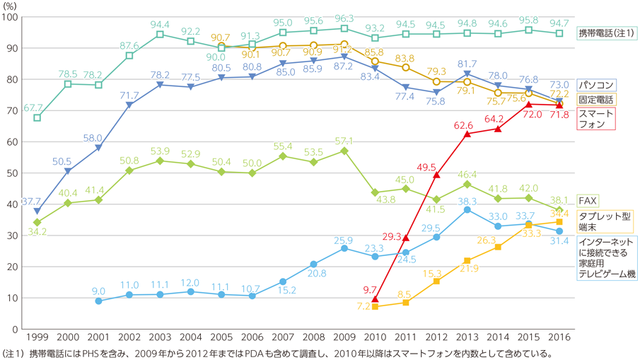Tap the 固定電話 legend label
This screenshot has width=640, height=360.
pyautogui.click(x=595, y=100)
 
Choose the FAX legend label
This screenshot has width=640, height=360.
pyautogui.click(x=588, y=200)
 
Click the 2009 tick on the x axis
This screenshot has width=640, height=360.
pyautogui.click(x=344, y=337)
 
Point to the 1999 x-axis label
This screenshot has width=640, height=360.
pyautogui.click(x=37, y=337)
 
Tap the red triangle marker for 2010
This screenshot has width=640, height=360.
pyautogui.click(x=375, y=298)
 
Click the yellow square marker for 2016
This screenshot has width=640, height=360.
pyautogui.click(x=559, y=222)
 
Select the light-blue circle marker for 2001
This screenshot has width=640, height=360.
pyautogui.click(x=98, y=301)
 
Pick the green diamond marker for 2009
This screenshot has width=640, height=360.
pyautogui.click(x=344, y=151)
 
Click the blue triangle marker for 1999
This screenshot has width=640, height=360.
pyautogui.click(x=37, y=211)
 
